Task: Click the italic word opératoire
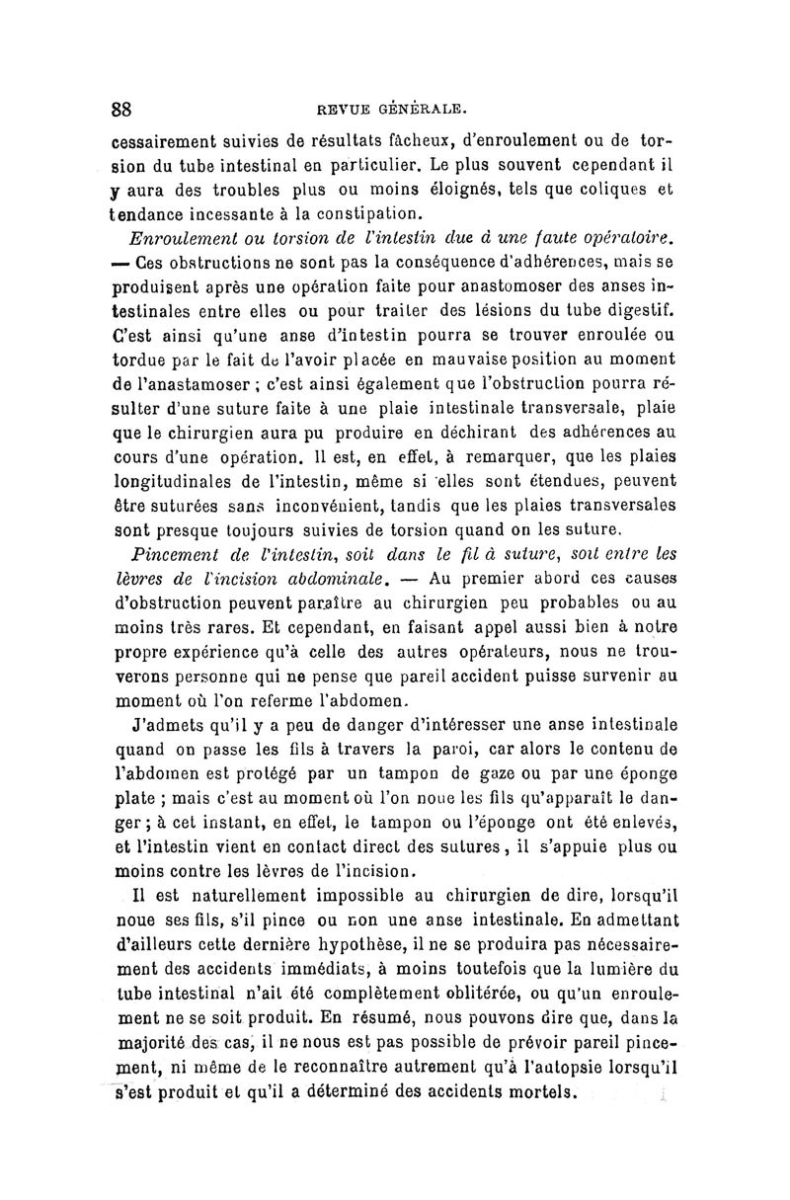coord(619,237)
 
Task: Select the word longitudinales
coord(180,482)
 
